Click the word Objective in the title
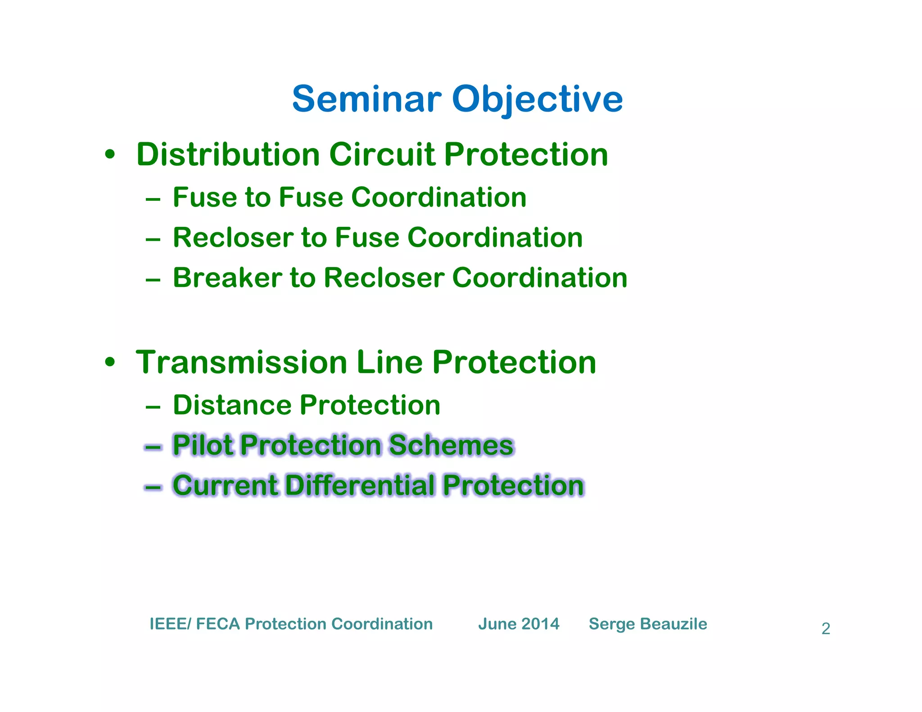click(x=538, y=100)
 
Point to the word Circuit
click(x=382, y=154)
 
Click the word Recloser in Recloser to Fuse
click(x=232, y=238)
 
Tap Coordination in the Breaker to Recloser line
click(x=539, y=278)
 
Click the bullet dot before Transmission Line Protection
click(x=109, y=363)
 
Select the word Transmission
click(x=241, y=362)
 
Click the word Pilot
click(x=203, y=445)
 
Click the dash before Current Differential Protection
click(x=153, y=487)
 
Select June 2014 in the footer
click(x=519, y=624)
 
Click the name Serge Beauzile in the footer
click(x=648, y=624)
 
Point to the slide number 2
click(x=826, y=629)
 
